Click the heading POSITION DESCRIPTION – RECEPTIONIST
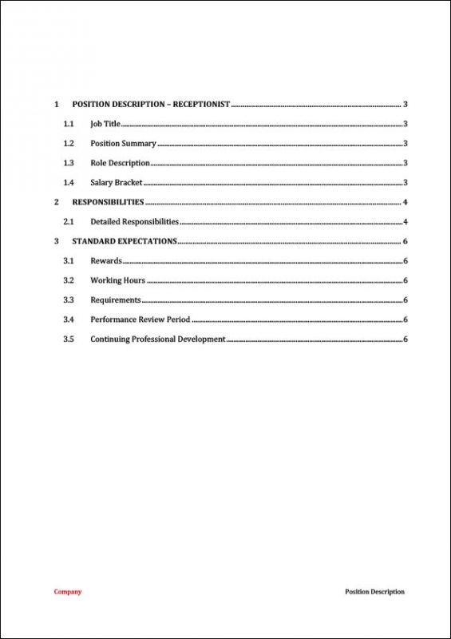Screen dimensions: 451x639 [x=151, y=105]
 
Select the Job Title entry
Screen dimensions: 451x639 [x=105, y=124]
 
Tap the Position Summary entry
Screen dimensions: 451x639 [x=123, y=144]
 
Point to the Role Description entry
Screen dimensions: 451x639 [x=120, y=163]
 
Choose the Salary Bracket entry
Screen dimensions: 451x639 [x=117, y=183]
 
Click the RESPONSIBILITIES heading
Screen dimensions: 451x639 [x=108, y=202]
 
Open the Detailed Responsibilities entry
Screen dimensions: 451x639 [x=134, y=222]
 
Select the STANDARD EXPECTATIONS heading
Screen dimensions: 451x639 [x=125, y=241]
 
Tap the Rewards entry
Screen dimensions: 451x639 [x=105, y=261]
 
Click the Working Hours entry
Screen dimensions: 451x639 [x=117, y=280]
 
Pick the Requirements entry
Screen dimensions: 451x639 [x=115, y=300]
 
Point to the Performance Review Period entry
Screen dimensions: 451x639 [x=140, y=319]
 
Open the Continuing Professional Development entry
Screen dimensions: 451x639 [x=157, y=339]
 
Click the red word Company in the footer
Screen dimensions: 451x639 [x=67, y=592]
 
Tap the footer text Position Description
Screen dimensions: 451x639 [x=374, y=592]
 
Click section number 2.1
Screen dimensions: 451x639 [x=69, y=222]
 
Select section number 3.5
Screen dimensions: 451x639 [x=69, y=339]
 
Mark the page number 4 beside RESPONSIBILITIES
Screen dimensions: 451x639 [x=406, y=202]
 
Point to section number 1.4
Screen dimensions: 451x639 [x=69, y=183]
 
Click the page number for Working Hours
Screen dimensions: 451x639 [x=406, y=280]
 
